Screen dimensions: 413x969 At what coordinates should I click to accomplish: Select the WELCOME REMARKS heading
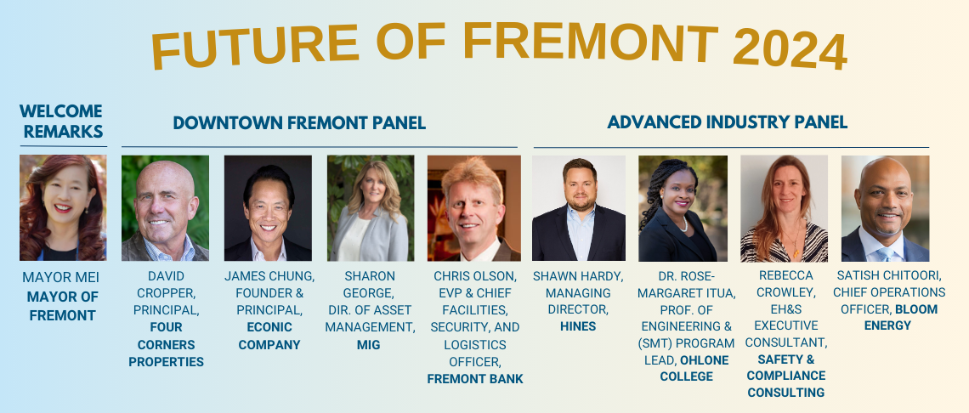tap(61, 122)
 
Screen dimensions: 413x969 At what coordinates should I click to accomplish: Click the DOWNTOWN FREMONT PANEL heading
tap(299, 123)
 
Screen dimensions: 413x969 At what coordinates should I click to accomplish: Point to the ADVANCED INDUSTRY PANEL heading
tap(727, 122)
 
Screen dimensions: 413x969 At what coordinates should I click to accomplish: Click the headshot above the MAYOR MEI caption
tap(63, 207)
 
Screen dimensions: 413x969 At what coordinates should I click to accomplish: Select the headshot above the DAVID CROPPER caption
tap(165, 207)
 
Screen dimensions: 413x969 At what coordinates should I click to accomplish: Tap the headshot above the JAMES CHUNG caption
tap(268, 207)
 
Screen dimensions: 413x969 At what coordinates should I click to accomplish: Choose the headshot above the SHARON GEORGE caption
tap(371, 207)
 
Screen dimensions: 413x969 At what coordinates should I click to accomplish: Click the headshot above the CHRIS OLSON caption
tap(473, 207)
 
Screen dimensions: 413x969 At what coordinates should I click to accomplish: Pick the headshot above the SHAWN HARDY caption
tap(578, 207)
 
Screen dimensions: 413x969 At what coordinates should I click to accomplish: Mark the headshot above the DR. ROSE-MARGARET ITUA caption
tap(683, 207)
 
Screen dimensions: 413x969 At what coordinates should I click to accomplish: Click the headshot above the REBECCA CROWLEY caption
tap(784, 207)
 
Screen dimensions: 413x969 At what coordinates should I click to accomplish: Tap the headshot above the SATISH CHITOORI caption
tap(885, 207)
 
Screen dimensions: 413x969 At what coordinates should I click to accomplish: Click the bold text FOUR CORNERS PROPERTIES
tap(166, 344)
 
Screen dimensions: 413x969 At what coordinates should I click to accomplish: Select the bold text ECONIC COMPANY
tap(269, 336)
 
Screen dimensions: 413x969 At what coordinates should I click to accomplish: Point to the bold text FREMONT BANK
tap(475, 379)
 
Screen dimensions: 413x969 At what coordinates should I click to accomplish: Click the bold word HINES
tap(578, 326)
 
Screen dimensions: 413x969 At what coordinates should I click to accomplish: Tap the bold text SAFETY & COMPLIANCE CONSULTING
tap(785, 376)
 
